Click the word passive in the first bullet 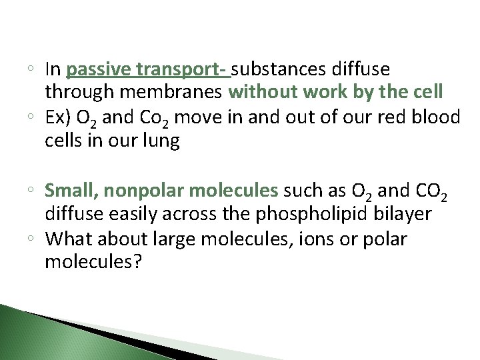pos(99,69)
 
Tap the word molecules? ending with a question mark pos(93,263)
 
